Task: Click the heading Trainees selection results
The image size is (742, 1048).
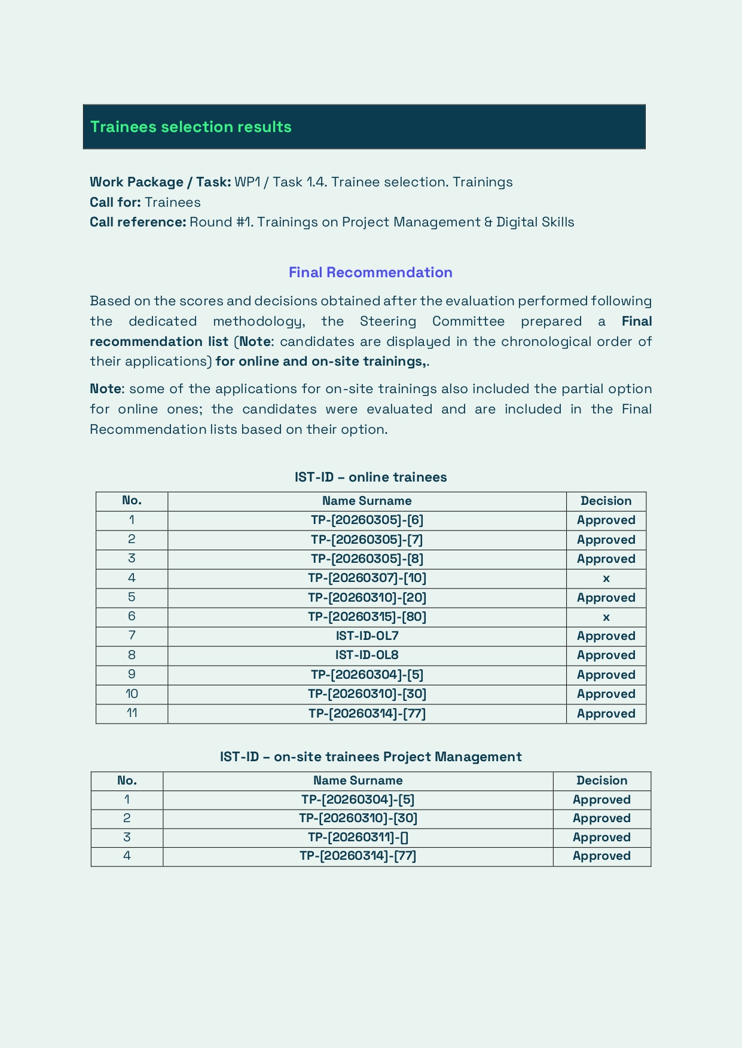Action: point(191,127)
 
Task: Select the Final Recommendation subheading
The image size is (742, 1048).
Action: point(370,272)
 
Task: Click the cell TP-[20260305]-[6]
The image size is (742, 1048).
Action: point(367,520)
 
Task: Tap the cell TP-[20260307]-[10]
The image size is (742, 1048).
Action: point(367,578)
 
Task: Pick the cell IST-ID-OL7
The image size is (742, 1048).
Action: point(367,636)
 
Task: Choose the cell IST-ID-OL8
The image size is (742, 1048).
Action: point(367,655)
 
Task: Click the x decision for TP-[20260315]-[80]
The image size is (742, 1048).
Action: point(606,617)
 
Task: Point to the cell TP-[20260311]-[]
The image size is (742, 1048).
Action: point(358,837)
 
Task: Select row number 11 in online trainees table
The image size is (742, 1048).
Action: point(132,713)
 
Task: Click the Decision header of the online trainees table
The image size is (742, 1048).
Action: point(606,501)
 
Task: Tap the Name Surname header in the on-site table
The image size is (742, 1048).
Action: point(358,780)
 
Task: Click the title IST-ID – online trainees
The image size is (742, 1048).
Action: point(370,477)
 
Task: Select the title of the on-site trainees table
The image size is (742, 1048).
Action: point(370,756)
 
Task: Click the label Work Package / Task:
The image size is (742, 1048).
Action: point(160,182)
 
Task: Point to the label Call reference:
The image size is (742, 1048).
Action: point(138,222)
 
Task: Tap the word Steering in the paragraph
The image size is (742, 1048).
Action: point(387,321)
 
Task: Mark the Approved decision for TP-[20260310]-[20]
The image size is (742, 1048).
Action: point(606,597)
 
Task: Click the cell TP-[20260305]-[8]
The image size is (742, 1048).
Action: point(367,559)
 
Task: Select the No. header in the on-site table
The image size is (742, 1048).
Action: point(127,780)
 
